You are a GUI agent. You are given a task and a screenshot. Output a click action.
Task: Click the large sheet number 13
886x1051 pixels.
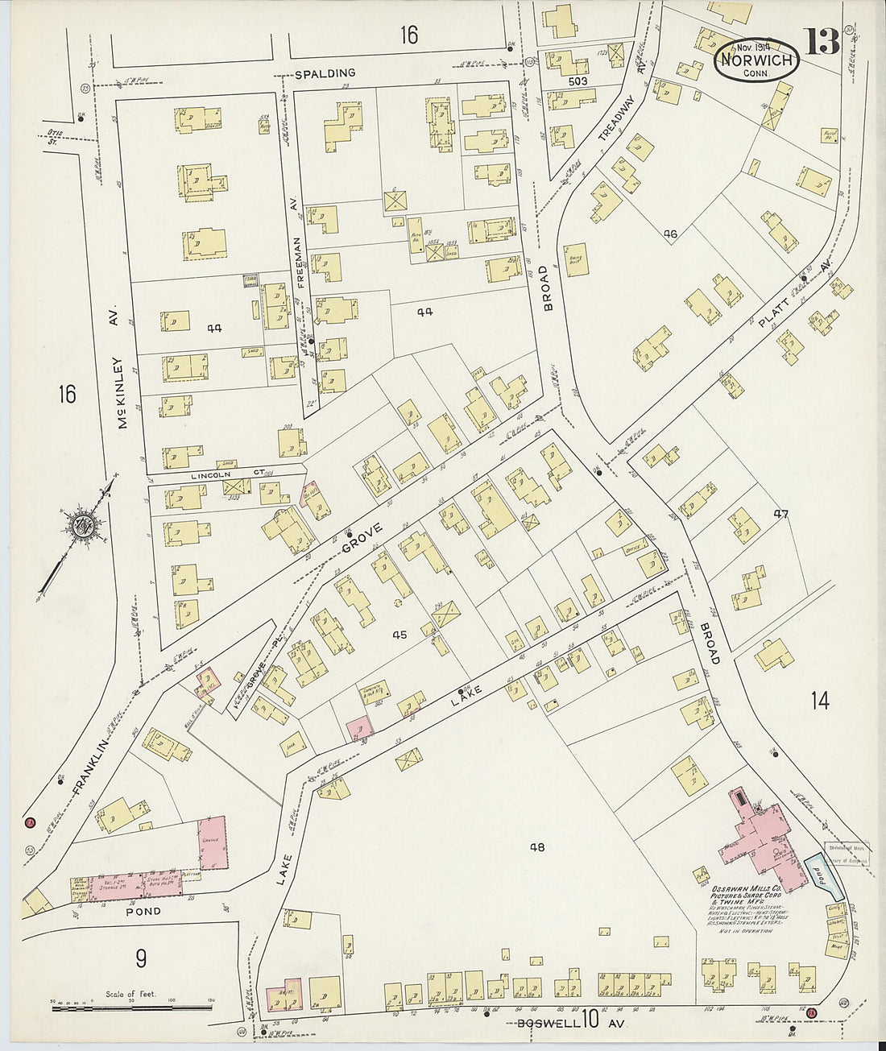click(821, 41)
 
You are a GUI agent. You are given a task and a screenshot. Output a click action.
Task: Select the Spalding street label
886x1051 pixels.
click(325, 73)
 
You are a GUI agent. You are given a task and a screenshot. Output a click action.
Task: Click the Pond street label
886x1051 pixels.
click(142, 912)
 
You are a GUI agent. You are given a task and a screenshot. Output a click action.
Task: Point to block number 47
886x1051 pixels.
click(779, 514)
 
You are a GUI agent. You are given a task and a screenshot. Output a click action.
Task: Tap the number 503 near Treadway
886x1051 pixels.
click(578, 81)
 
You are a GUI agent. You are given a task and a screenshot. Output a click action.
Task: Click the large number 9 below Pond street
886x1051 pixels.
click(140, 959)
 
